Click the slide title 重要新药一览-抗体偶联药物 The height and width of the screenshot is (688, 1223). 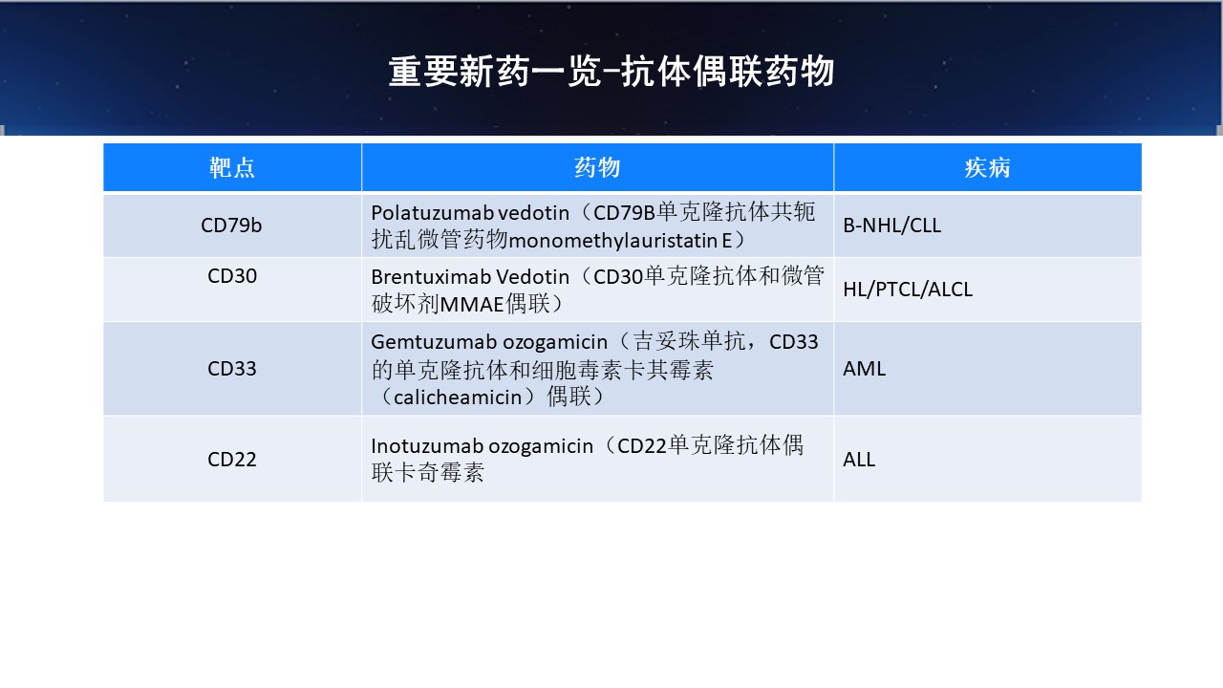611,72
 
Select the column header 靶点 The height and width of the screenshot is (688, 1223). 232,167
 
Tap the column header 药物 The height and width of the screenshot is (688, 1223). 597,167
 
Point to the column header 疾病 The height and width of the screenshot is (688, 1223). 987,167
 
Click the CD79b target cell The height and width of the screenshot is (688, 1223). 231,225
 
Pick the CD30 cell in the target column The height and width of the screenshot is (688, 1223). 232,276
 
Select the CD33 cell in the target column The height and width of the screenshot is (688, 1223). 232,369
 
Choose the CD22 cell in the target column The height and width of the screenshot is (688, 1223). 232,460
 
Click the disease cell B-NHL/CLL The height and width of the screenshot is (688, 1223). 892,225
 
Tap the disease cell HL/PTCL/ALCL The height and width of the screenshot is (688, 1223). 908,290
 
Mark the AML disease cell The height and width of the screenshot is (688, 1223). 865,369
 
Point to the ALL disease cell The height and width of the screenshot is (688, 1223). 859,460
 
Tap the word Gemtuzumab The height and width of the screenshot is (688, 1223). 434,342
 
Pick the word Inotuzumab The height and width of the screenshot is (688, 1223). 427,446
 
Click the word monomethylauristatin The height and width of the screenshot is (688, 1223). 613,240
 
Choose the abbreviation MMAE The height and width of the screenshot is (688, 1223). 471,304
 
